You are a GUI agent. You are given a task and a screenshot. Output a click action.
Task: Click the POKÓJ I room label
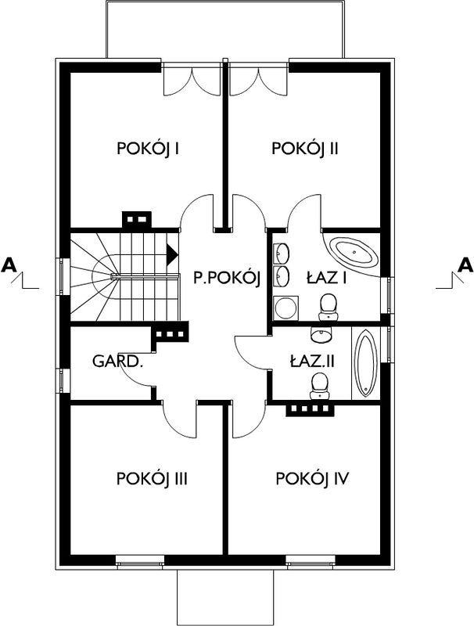pos(148,149)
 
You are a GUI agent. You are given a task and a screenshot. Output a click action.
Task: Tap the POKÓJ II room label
pos(305,149)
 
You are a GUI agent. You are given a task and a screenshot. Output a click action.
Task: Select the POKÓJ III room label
pos(152,478)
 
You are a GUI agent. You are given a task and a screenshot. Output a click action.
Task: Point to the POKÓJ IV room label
pos(312,478)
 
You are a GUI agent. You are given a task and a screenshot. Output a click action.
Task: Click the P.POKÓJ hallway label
pos(227,278)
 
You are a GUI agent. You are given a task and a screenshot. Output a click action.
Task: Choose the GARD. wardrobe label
pos(117,362)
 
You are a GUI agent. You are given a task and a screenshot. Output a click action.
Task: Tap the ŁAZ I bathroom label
pos(326,278)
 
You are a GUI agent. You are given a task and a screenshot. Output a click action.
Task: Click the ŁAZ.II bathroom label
pos(311,362)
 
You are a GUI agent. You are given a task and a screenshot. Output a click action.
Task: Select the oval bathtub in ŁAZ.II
pos(365,363)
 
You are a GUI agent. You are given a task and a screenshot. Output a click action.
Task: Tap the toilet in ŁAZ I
pos(329,307)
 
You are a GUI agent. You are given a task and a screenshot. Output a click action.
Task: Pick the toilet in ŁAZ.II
pos(321,386)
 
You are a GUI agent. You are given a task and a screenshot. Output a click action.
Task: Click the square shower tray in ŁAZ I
pos(285,308)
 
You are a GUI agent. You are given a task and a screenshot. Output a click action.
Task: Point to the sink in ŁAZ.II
pos(321,335)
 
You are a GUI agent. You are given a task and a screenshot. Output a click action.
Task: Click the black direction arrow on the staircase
pos(172,254)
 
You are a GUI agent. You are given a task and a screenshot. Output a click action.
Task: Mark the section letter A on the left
pos(9,264)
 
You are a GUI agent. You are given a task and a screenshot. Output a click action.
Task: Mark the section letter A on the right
pos(465,264)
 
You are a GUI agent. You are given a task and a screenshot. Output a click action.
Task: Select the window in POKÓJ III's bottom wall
pos(140,561)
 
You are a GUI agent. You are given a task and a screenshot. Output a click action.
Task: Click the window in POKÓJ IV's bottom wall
pos(311,561)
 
